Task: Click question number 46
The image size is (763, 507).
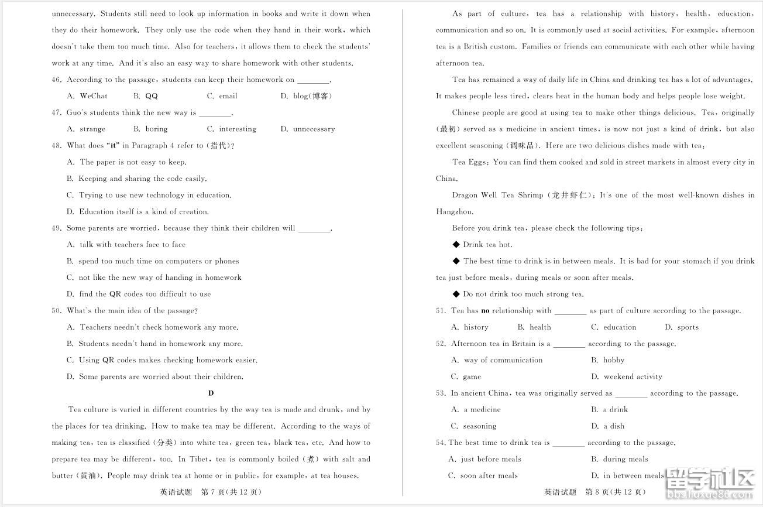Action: click(x=57, y=80)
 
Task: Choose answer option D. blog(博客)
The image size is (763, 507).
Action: click(x=306, y=96)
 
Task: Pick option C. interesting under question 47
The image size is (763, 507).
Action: click(x=231, y=129)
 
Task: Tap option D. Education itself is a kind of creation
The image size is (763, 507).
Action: click(x=138, y=212)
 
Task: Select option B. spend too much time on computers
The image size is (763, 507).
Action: click(x=153, y=261)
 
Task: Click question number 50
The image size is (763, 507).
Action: click(x=57, y=311)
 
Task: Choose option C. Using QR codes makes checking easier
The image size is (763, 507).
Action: click(x=161, y=360)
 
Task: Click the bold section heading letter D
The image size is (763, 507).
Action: click(x=211, y=393)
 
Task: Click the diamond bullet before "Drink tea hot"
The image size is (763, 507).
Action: click(x=456, y=245)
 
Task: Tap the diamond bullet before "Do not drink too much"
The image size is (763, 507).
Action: click(x=456, y=294)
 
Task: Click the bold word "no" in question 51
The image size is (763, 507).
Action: click(x=485, y=311)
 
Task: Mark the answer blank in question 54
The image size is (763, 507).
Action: click(x=568, y=443)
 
